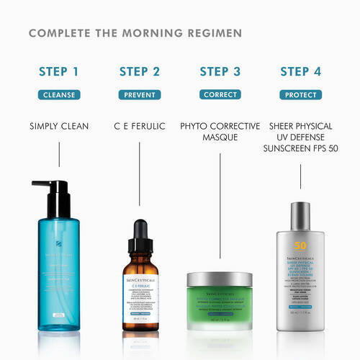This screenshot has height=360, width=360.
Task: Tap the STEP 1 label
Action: point(60,71)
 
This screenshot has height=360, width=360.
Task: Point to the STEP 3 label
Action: point(220,71)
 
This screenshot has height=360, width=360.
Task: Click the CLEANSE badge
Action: point(60,94)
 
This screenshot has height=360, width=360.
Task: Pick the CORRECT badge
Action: point(220,94)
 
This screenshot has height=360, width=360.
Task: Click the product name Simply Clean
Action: point(60,127)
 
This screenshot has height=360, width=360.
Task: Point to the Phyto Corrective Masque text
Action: point(220,132)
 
